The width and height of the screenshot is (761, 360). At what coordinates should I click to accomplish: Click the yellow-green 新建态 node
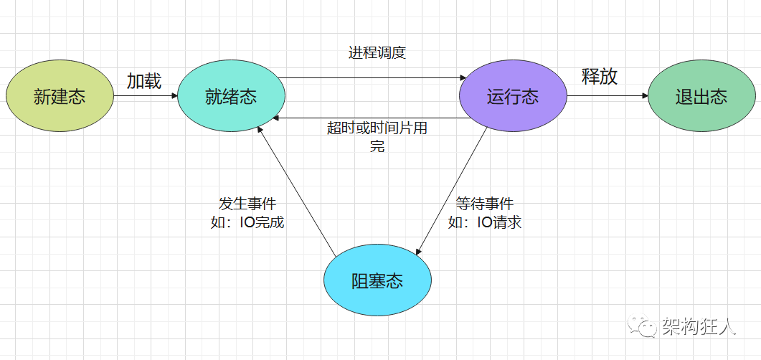point(60,97)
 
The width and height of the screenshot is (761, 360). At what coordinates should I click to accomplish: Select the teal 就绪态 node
point(231,97)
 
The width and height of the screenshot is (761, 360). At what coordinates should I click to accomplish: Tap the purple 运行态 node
point(512,97)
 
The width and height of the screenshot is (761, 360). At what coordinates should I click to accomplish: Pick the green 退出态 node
point(701,97)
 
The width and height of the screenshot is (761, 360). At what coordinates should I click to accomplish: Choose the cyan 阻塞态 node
point(377,280)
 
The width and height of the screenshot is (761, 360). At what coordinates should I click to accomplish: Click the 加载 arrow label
point(144,81)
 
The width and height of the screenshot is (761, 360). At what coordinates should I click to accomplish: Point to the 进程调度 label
point(377,52)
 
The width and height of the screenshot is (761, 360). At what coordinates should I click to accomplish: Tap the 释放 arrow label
point(600,77)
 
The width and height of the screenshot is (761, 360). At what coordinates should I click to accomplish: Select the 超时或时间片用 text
point(377,128)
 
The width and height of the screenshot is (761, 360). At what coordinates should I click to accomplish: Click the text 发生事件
point(247,204)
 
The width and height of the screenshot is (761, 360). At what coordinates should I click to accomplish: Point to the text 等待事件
point(485,204)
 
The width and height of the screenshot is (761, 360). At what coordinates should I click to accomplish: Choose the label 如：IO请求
point(485,222)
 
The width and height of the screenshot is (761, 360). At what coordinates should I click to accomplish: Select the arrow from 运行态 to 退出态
point(607,97)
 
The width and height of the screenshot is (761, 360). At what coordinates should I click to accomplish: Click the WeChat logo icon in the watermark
point(643,327)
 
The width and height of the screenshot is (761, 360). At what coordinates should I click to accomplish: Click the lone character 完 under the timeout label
point(377,146)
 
